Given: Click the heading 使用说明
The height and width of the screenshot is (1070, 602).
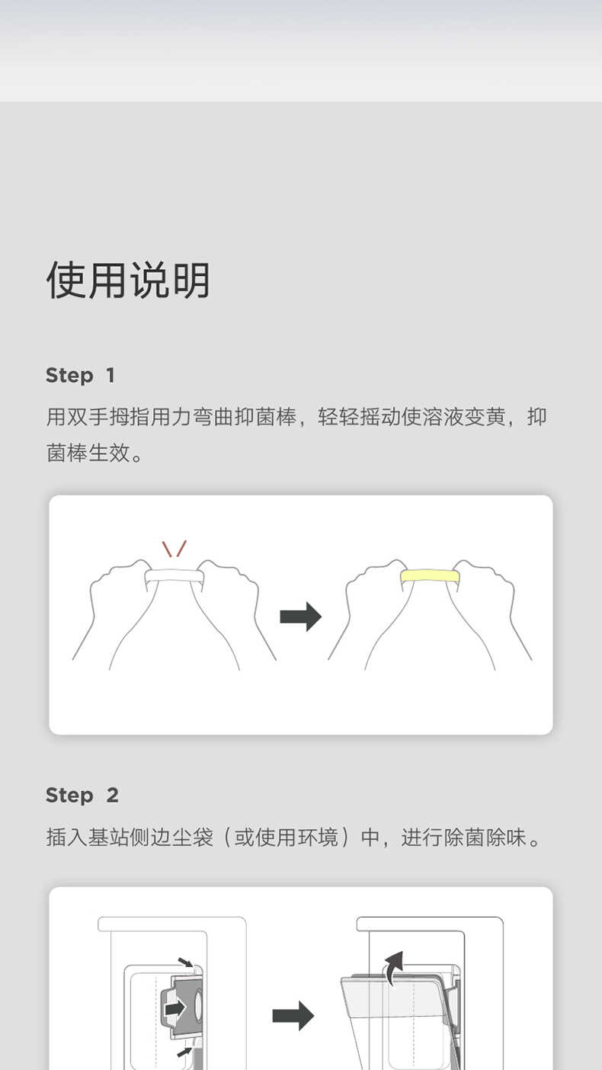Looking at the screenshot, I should point(128,280).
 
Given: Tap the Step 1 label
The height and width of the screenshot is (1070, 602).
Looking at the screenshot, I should point(80,375).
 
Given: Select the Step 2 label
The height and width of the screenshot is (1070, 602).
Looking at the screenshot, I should point(82,795).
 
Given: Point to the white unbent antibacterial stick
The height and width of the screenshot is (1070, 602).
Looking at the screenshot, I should point(175,576).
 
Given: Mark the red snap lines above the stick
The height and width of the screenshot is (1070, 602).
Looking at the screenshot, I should point(175,548).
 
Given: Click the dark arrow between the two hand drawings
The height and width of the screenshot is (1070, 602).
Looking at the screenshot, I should point(300,616).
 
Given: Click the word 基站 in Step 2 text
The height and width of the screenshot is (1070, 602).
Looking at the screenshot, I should point(108,838).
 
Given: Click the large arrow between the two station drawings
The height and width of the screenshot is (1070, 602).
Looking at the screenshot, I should point(293,1015).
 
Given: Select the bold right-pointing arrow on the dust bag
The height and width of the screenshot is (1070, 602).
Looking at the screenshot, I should point(176,1008).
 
